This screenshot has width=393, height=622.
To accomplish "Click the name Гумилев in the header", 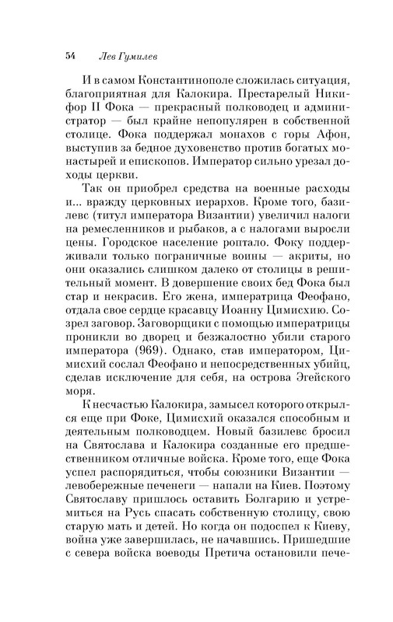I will [x=142, y=56].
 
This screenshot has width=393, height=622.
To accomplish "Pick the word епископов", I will [x=143, y=186].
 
